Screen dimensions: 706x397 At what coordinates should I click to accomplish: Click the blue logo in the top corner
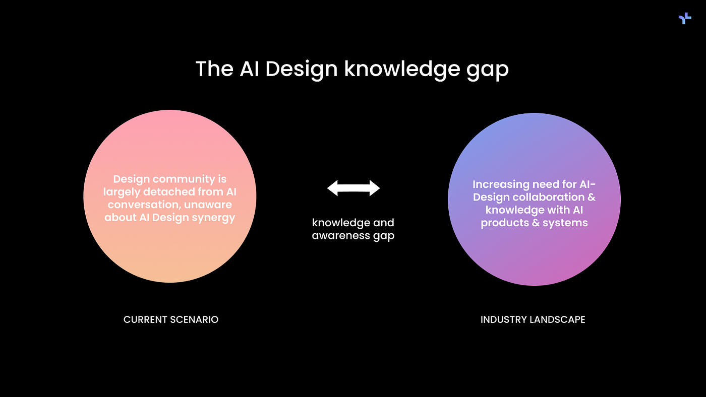point(685,18)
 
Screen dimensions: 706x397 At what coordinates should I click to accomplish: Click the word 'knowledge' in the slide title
point(402,69)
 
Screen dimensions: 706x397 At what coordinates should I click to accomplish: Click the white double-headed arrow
point(354,188)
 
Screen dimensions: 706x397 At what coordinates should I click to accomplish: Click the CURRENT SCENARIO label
point(171,319)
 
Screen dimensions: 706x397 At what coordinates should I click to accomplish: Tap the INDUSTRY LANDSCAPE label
point(533,319)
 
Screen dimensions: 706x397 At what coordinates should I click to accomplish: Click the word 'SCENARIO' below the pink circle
point(194,319)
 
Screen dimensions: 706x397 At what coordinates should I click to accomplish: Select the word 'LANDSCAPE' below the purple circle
point(557,319)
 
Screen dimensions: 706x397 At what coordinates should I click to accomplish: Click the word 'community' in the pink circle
point(184,179)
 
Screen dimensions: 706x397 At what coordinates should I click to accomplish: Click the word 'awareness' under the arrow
point(341,235)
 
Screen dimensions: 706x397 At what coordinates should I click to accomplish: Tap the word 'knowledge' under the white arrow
point(341,223)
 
